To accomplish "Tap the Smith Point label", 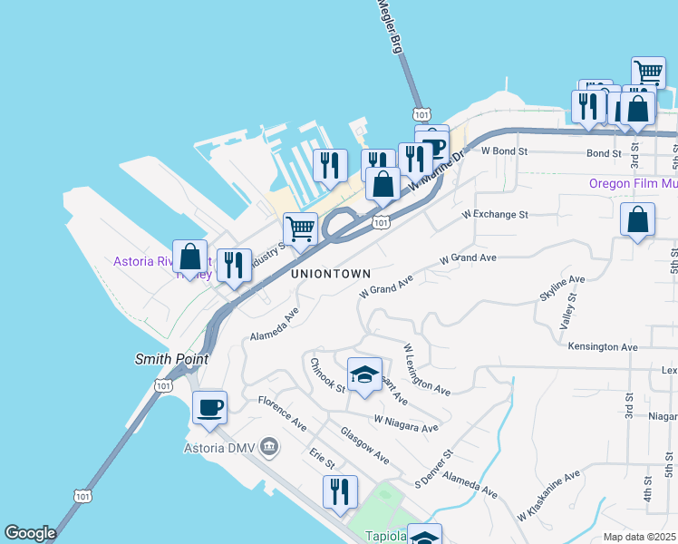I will [171, 359].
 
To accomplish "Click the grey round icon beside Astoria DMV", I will [269, 446].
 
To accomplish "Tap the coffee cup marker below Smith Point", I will [209, 408].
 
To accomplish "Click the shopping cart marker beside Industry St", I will [300, 228].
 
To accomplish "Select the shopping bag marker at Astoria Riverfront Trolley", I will [190, 256].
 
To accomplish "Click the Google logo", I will [30, 533].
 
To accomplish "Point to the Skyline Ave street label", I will [563, 287].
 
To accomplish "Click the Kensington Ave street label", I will [603, 346].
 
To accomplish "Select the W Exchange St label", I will [494, 215].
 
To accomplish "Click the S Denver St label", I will [433, 468].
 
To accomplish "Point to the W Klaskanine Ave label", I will [548, 496].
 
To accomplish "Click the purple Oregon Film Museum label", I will [633, 182].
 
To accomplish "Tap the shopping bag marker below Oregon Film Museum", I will [637, 219].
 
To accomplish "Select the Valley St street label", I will [568, 316].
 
